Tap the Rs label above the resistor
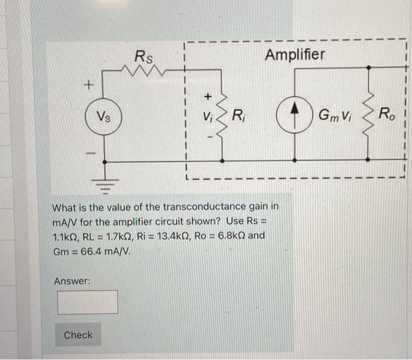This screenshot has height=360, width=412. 143,57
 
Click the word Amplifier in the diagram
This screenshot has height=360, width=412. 294,55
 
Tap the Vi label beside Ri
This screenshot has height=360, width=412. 206,116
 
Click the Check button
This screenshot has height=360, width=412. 78,335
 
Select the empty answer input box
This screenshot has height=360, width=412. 87,302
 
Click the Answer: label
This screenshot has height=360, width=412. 72,282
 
